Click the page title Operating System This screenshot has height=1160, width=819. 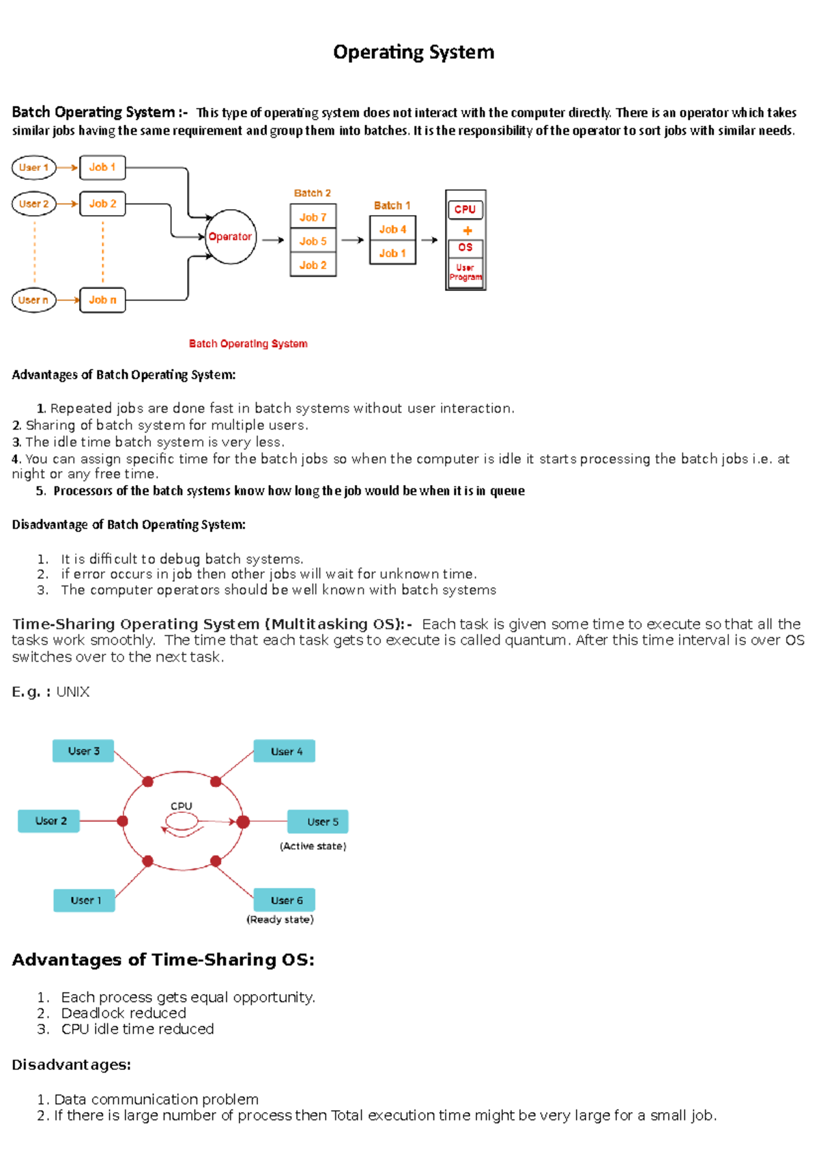[414, 52]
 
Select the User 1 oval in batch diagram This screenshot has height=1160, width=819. [33, 167]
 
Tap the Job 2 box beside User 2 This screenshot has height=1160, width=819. [102, 204]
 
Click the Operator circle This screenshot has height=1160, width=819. [231, 236]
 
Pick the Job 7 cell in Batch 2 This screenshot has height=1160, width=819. [313, 217]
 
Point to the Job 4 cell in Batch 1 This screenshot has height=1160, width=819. [392, 230]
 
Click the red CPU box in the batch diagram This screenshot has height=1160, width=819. [465, 209]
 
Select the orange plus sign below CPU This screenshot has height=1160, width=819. [468, 230]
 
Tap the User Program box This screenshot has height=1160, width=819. [465, 273]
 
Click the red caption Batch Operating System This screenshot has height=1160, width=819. [248, 344]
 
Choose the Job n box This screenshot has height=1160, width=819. [102, 300]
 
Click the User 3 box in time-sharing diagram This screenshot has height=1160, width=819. [83, 751]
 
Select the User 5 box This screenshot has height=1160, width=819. [318, 821]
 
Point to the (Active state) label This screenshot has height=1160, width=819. [313, 846]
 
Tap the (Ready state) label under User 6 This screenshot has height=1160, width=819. [280, 920]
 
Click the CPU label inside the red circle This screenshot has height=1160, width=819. [182, 806]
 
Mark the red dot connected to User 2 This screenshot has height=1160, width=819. [123, 821]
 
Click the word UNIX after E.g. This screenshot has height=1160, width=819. [73, 691]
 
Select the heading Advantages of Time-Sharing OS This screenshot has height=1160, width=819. [163, 960]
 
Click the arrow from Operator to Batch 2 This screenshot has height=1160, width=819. [273, 240]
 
